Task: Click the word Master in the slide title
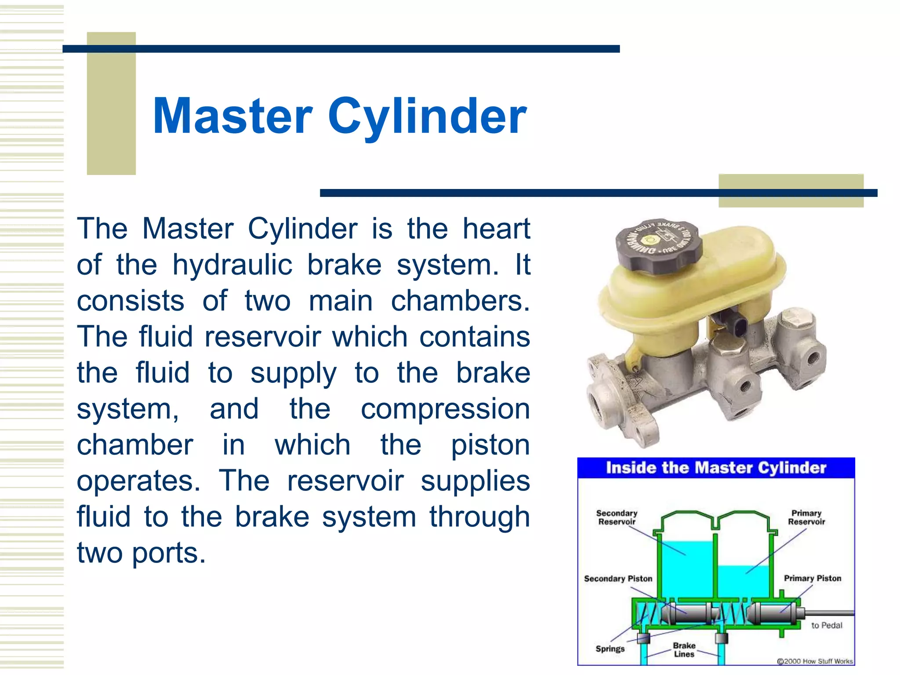click(x=232, y=116)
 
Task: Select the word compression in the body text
click(x=445, y=409)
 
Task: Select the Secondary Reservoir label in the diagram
click(x=617, y=517)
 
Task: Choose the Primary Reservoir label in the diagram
click(x=806, y=517)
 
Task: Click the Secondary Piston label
click(x=618, y=578)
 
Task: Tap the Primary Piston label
click(x=812, y=578)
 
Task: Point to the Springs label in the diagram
click(x=610, y=649)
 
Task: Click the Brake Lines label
click(x=684, y=650)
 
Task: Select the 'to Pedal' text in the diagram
click(x=826, y=625)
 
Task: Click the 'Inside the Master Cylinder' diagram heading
click(x=716, y=468)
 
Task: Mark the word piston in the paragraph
click(x=490, y=445)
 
